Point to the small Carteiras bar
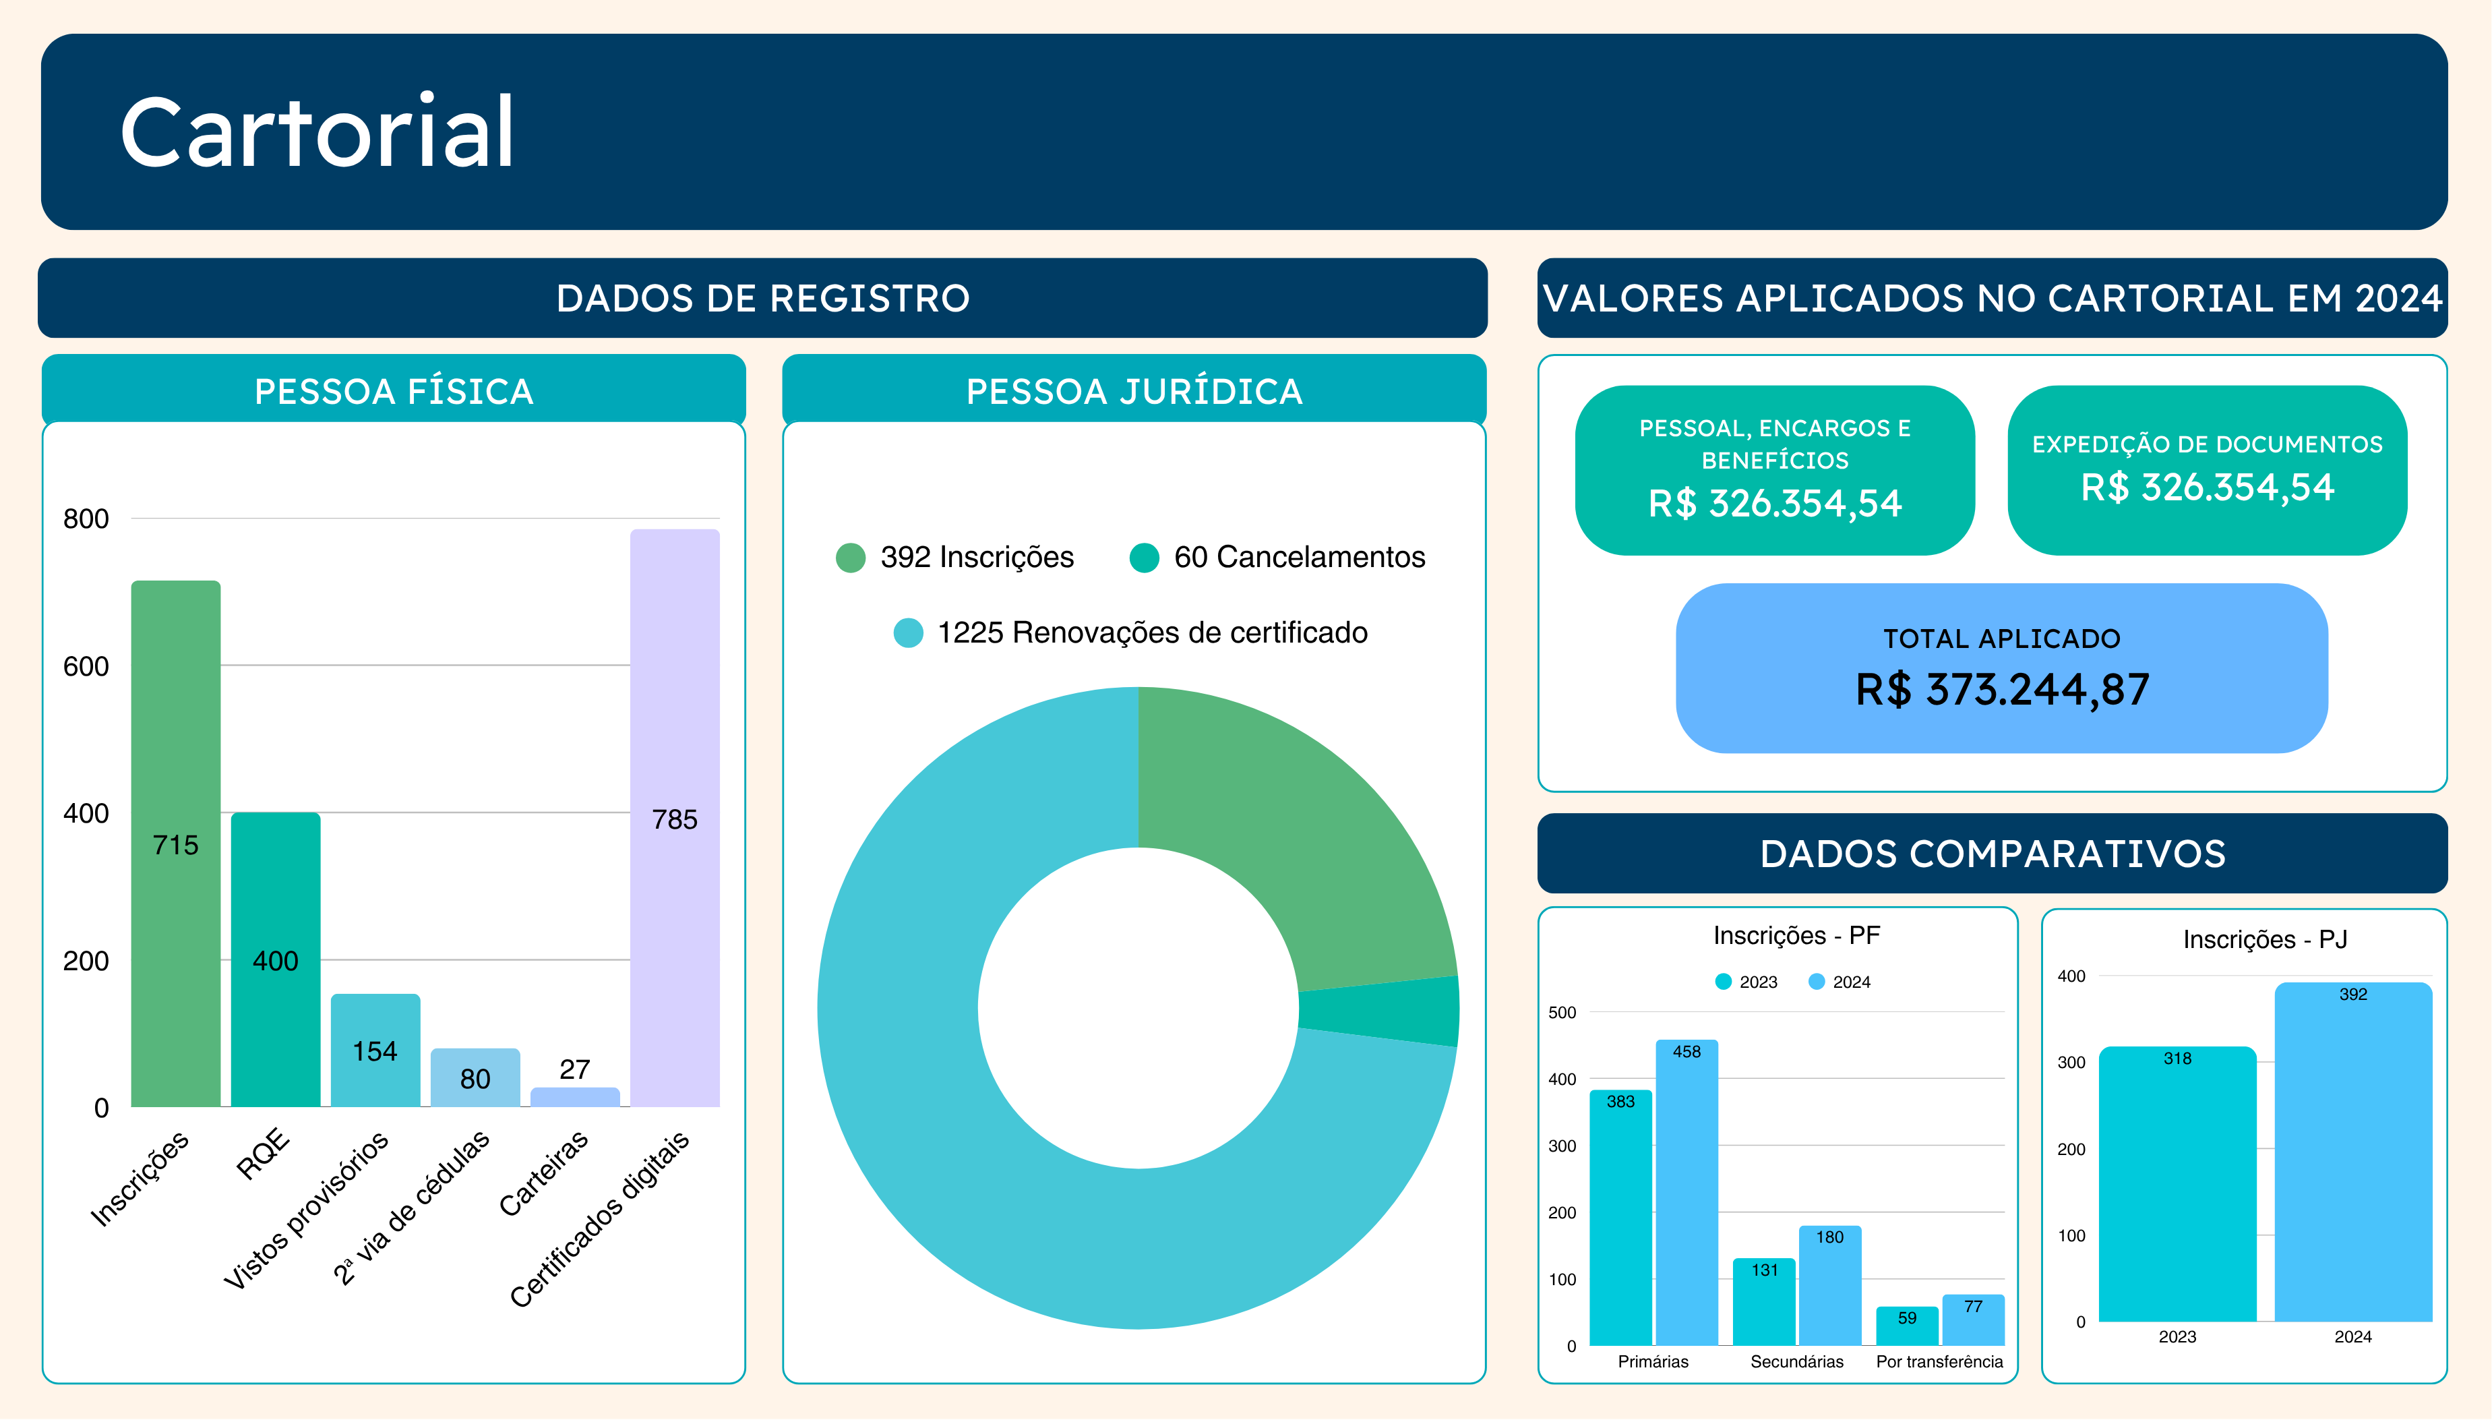point(574,1096)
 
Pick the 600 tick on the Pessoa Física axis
point(86,666)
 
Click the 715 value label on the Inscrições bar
point(175,845)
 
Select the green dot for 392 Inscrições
point(850,558)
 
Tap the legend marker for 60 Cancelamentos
point(1144,558)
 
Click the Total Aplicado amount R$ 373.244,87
point(2001,690)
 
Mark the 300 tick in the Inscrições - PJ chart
point(2071,1062)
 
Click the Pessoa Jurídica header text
point(1134,391)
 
